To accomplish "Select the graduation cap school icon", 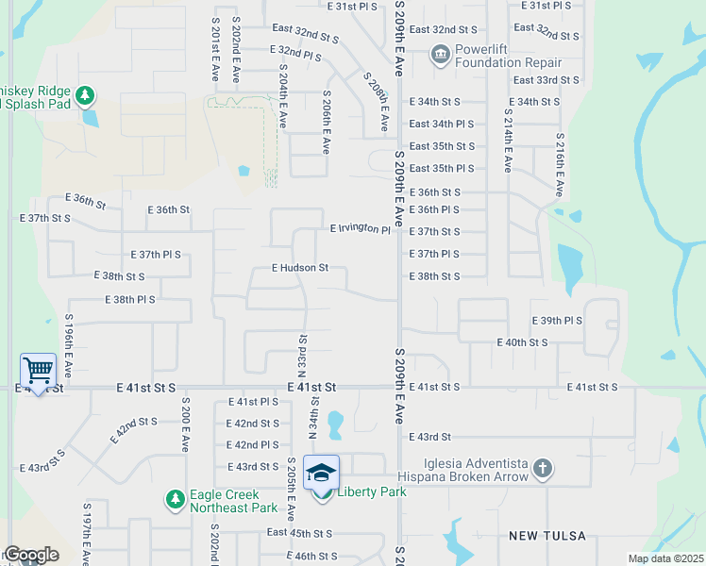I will [322, 472].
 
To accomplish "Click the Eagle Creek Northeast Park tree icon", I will [175, 497].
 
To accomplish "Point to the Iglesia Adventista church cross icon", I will [542, 468].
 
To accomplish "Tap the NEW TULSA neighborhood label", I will [546, 536].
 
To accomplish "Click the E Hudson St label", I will [300, 268].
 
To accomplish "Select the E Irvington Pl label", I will [360, 229].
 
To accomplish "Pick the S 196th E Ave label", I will [68, 341].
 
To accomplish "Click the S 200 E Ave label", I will [186, 423].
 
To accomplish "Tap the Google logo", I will [30, 555].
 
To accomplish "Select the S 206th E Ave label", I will [327, 123].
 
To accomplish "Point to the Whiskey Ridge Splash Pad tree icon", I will [85, 95].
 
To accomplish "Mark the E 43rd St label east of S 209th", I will [430, 437].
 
